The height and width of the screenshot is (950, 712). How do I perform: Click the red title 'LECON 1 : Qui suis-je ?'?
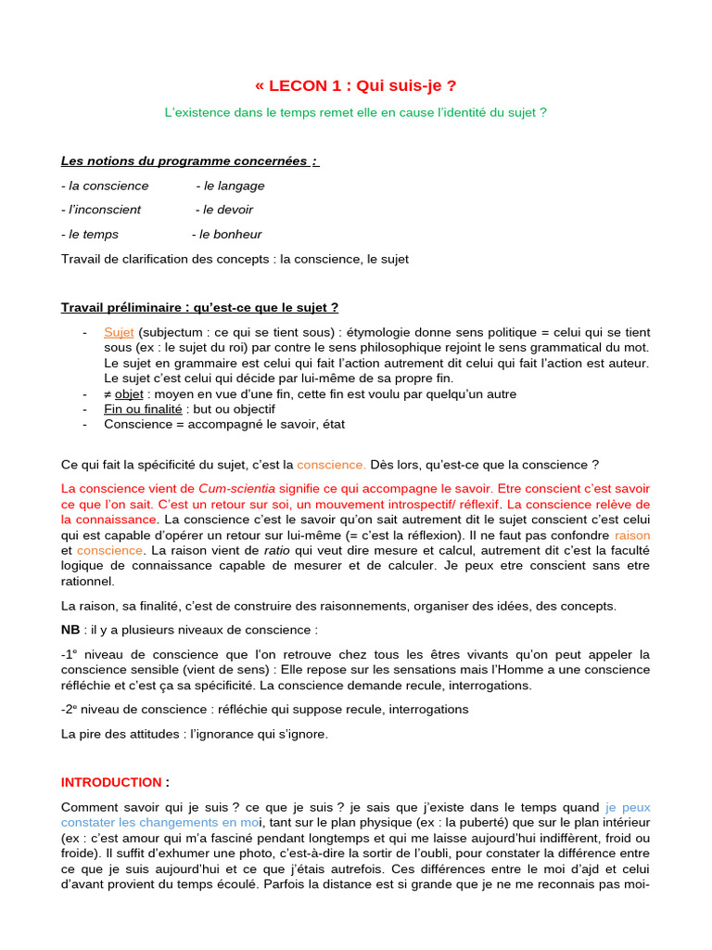(356, 86)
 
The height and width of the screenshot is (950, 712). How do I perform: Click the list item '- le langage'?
(231, 186)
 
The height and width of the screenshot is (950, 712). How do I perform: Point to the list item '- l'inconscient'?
(101, 210)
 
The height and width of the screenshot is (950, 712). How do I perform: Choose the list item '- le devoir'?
(224, 210)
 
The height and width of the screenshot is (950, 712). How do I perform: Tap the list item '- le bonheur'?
(226, 235)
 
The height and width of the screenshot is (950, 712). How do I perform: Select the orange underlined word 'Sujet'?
(119, 332)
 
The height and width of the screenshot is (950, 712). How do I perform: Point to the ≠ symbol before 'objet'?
(108, 394)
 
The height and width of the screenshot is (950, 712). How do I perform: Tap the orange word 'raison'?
(632, 535)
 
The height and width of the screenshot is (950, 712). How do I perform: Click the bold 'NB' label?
(70, 630)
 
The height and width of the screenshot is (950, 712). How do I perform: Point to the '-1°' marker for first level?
(70, 654)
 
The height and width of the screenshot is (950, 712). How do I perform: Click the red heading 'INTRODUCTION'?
(111, 782)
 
